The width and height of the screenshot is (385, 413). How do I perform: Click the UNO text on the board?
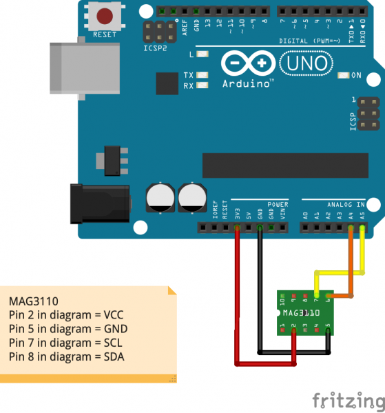click(x=301, y=64)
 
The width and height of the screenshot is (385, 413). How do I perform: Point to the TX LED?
click(x=202, y=74)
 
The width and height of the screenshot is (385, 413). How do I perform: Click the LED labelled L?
click(x=202, y=54)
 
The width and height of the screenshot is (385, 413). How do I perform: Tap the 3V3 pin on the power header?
click(x=237, y=227)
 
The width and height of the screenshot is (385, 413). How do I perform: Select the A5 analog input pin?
click(x=362, y=227)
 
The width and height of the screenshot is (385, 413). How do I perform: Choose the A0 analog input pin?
click(x=305, y=227)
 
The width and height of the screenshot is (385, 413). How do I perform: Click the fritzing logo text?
click(x=346, y=401)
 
